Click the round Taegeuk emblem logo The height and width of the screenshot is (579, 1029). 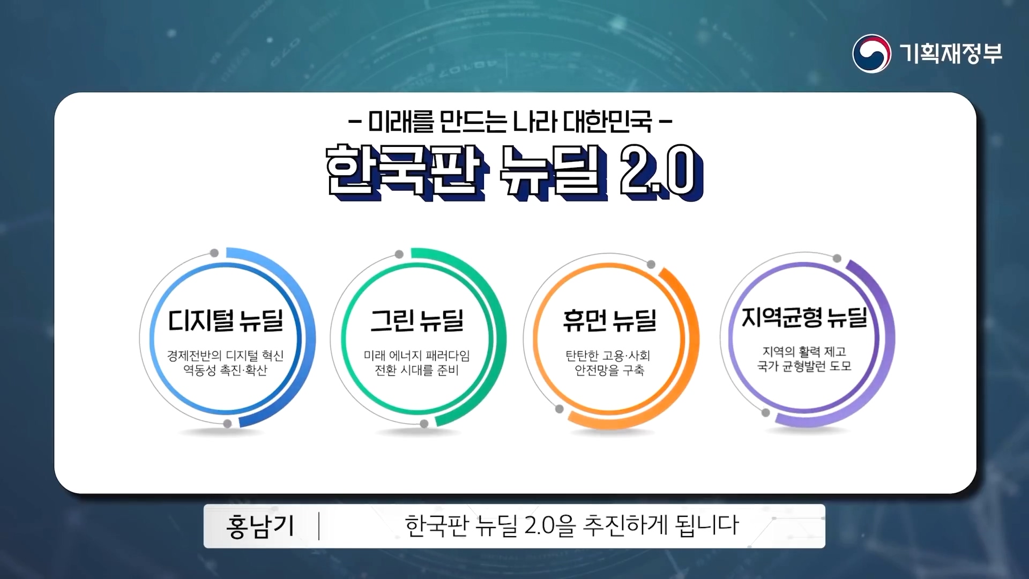coord(871,54)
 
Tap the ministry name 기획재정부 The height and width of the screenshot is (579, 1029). coord(951,54)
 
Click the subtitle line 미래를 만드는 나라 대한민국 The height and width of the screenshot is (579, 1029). coord(510,122)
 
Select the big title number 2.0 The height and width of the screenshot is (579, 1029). coord(661,172)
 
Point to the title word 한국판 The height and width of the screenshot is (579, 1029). coord(406,172)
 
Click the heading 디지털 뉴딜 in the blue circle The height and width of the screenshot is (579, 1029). coord(226,320)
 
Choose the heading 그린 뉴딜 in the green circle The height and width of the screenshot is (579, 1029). coord(417,320)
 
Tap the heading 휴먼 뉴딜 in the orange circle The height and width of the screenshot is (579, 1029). coord(610,320)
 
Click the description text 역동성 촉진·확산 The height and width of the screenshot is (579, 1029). coord(225,370)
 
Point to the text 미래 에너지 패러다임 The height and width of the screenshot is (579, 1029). coord(417,355)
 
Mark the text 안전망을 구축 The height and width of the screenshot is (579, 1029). coord(609,370)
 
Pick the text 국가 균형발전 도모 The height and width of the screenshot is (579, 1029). coord(804,366)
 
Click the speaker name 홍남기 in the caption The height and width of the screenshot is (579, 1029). coord(260,526)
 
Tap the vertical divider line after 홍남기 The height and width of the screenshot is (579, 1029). coord(319,526)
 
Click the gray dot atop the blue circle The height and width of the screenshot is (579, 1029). coord(214,253)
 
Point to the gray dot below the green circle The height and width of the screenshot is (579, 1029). coord(424,424)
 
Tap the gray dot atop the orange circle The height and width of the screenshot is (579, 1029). coord(651,264)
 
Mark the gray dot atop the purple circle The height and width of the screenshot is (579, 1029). coord(837,258)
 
